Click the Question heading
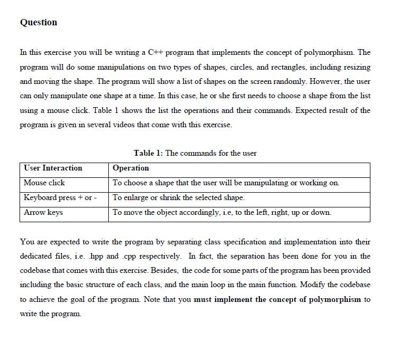[39, 22]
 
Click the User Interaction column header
[53, 168]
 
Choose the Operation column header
[131, 168]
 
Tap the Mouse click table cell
[44, 183]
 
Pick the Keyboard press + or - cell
[60, 197]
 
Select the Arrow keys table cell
[43, 212]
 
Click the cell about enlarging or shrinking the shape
[179, 197]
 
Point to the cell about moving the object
[222, 212]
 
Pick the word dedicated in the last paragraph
[38, 257]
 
